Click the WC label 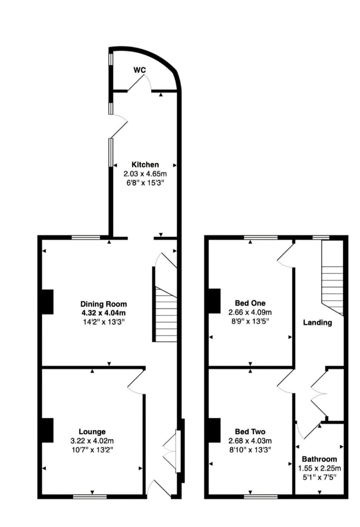click(x=139, y=70)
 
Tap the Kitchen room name click(x=145, y=164)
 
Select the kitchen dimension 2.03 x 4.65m click(x=145, y=174)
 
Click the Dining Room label click(x=103, y=304)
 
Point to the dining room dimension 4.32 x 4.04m click(x=103, y=313)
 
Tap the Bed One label click(x=250, y=303)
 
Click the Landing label click(x=317, y=322)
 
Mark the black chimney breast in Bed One click(x=214, y=301)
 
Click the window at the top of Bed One click(x=261, y=237)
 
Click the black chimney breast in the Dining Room click(x=47, y=302)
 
